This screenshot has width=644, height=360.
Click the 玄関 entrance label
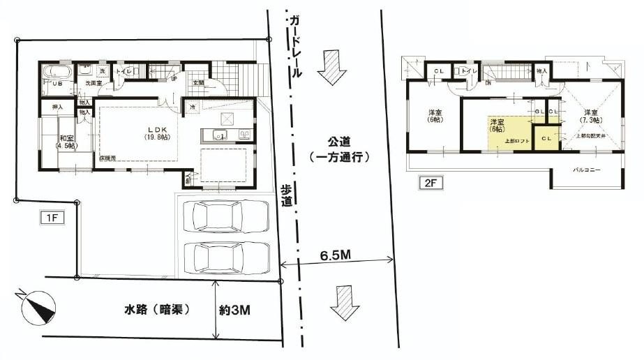point(198,82)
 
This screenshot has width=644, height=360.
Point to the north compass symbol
point(35,306)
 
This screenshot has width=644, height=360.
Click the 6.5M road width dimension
point(336,255)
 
